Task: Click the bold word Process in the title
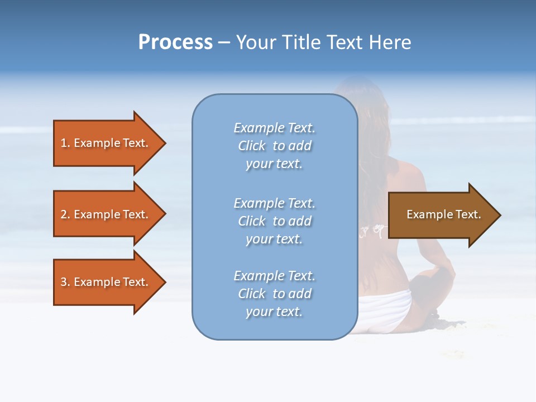175,42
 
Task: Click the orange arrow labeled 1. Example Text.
104,143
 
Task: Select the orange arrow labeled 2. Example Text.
104,214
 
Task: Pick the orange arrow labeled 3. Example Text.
104,282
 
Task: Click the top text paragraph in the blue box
275,146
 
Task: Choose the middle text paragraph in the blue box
275,221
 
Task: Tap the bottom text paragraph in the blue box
275,294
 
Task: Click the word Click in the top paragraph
252,146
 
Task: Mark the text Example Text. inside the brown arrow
443,214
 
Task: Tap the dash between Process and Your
224,43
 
